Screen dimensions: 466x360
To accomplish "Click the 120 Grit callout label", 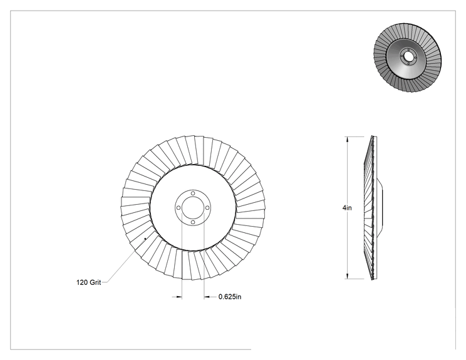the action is click(x=88, y=282).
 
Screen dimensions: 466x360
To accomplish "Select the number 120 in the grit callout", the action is click(x=82, y=282).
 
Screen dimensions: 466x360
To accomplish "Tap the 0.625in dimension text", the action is click(x=230, y=297).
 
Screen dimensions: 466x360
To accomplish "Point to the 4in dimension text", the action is click(x=347, y=208).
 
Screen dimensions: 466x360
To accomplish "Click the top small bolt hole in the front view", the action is click(x=193, y=193).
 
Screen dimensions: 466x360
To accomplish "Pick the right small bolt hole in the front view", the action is click(x=207, y=208).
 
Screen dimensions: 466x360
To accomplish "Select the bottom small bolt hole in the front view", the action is click(x=193, y=222).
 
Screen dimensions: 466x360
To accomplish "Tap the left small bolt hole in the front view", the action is click(x=179, y=208).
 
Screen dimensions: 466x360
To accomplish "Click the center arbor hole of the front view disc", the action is click(x=193, y=208).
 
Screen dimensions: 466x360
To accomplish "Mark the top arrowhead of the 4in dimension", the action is click(x=347, y=140).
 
